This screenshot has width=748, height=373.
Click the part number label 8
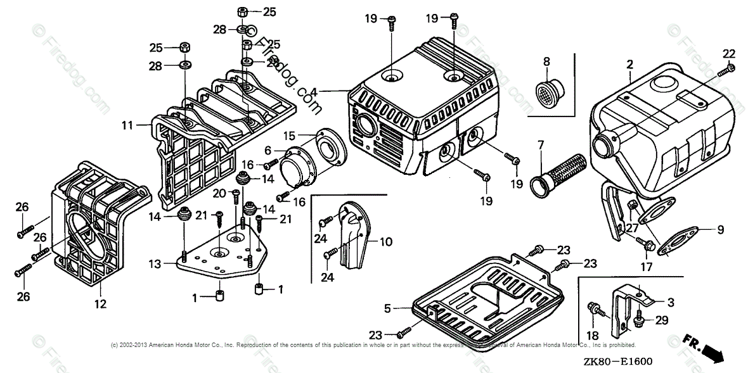[x=546, y=61]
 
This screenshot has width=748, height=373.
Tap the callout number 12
[x=100, y=304]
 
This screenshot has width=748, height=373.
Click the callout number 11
[x=127, y=125]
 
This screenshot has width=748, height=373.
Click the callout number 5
[x=387, y=308]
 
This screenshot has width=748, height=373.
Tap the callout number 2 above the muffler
[x=629, y=64]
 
